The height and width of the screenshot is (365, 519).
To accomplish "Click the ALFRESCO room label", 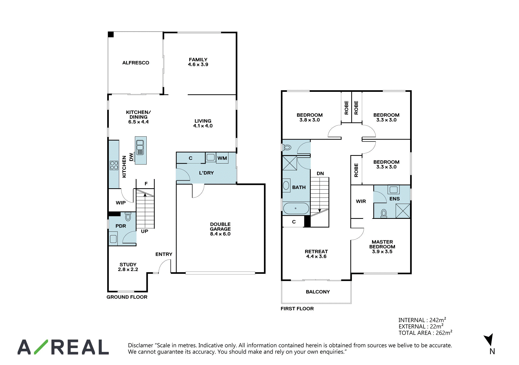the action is coord(136,63).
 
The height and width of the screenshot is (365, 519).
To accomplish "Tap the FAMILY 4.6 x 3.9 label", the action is coord(198,62).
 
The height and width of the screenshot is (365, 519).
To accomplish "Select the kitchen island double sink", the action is coord(140,147).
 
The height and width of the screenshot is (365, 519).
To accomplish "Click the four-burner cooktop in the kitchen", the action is coord(114,165).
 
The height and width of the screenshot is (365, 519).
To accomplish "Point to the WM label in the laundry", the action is coord(222,158).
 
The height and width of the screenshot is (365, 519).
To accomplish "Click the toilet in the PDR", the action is coord(128,217).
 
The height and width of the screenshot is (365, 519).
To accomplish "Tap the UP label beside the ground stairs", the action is coord(145,231).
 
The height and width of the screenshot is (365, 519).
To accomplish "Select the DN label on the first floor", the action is coord(320,173).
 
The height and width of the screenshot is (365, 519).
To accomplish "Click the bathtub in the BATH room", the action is coord(296,208).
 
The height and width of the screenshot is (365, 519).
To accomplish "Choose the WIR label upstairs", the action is coord(361,201).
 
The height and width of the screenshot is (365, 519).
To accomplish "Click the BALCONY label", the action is coord(318,292).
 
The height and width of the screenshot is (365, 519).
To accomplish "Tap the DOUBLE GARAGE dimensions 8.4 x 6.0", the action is coord(220,234).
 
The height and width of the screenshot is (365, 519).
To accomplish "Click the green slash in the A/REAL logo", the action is coord(41,347).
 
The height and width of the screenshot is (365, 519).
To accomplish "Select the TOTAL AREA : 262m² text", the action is coord(426,333).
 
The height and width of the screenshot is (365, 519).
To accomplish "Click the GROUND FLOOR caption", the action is coord(127,297).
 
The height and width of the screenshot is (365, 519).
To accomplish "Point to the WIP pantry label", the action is coord(121,203).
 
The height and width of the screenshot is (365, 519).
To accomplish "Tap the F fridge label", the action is coord(146,184).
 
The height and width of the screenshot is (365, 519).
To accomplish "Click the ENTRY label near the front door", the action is coord(164,254).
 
